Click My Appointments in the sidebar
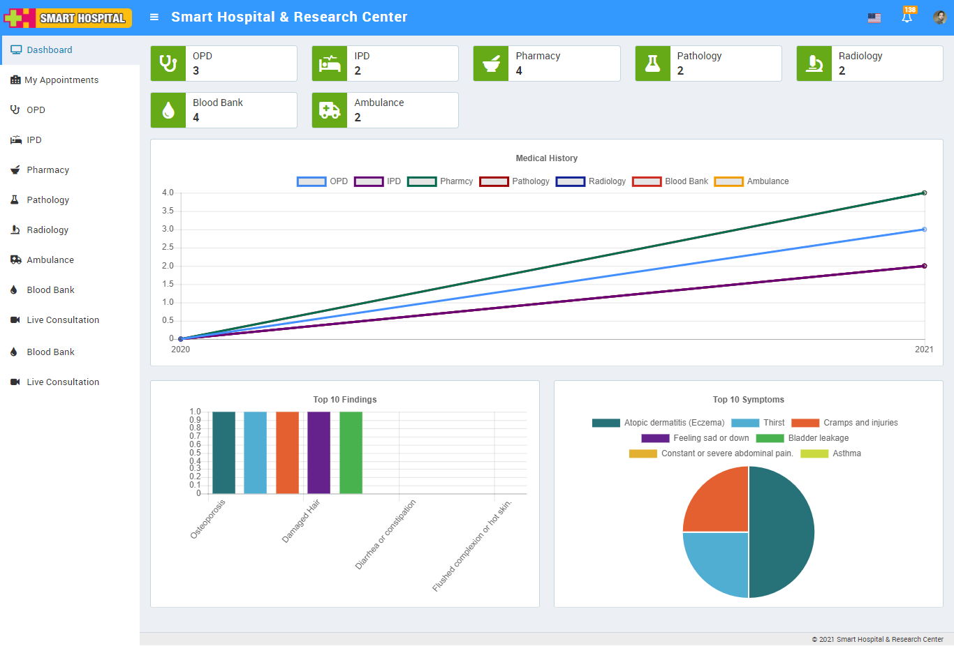coord(61,80)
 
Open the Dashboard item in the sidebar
coord(49,50)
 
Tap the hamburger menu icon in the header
coord(154,17)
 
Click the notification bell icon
coord(907,17)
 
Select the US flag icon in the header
coord(874,18)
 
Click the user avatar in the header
coord(940,17)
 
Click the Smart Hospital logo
coord(68,18)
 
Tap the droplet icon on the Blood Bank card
coord(168,110)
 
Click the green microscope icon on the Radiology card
coord(814,63)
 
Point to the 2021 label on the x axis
coord(924,350)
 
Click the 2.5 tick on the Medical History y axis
coord(168,248)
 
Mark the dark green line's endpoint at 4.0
coord(924,193)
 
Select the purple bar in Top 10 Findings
coord(318,453)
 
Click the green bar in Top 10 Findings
coord(351,453)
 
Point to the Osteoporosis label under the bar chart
coord(208,519)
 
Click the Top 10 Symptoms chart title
coord(748,400)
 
